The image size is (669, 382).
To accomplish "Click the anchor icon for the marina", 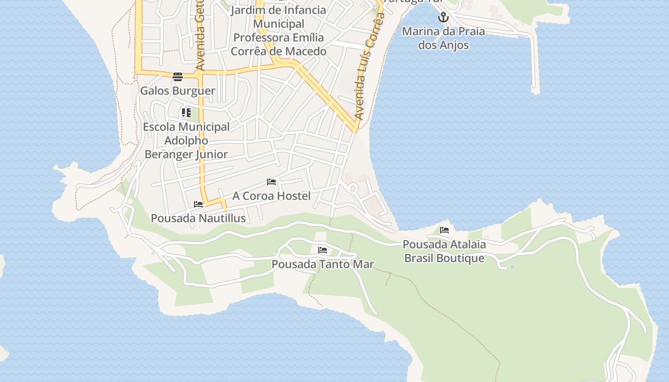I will pyautogui.click(x=443, y=18).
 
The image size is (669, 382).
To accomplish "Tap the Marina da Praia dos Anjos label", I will pyautogui.click(x=443, y=38).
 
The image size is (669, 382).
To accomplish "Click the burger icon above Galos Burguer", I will pyautogui.click(x=178, y=77).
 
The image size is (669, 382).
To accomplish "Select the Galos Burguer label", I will pyautogui.click(x=177, y=91).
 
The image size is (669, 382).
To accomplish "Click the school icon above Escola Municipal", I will pyautogui.click(x=186, y=113).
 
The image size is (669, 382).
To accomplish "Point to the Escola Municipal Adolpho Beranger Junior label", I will pyautogui.click(x=186, y=140).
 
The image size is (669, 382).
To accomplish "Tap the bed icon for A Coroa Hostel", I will pyautogui.click(x=271, y=182).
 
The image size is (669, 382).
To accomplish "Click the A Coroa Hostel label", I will pyautogui.click(x=271, y=196).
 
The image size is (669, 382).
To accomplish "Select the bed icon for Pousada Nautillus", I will pyautogui.click(x=198, y=204).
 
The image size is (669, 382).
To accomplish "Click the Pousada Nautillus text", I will pyautogui.click(x=198, y=218).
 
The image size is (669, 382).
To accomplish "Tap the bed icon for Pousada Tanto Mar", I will pyautogui.click(x=323, y=250).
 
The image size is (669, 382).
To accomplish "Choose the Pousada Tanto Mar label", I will pyautogui.click(x=323, y=264).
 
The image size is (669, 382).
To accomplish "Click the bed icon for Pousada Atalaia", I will pyautogui.click(x=444, y=230).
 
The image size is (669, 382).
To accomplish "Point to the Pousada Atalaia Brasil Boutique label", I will pyautogui.click(x=444, y=251).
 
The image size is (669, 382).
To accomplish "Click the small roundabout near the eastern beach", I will pyautogui.click(x=353, y=189).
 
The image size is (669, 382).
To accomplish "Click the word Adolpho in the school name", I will pyautogui.click(x=186, y=140).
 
